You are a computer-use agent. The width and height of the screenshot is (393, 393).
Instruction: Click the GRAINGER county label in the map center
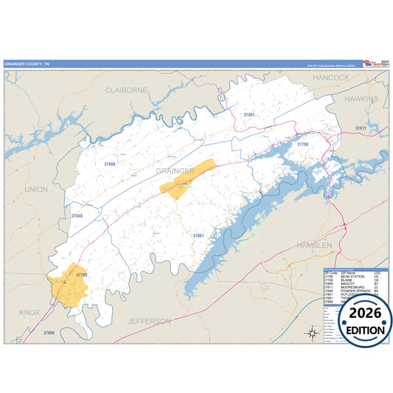(175, 170)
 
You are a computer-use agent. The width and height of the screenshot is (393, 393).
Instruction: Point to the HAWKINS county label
(361, 98)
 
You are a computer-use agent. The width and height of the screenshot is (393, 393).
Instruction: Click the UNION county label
(35, 189)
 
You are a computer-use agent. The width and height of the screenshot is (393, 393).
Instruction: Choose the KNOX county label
(30, 313)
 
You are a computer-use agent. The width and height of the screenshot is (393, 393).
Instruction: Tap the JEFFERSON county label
(149, 321)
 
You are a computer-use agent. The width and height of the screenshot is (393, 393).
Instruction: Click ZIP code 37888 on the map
(110, 164)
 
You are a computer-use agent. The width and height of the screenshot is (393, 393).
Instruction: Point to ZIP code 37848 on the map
(77, 216)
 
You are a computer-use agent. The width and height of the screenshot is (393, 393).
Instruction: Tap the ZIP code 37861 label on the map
(198, 235)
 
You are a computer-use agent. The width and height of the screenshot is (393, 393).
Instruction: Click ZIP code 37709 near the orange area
(81, 275)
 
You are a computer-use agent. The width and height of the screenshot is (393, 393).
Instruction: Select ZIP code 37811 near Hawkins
(361, 128)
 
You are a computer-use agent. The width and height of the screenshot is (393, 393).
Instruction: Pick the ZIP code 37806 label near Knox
(49, 333)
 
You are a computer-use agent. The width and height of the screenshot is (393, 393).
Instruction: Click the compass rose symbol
(312, 333)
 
